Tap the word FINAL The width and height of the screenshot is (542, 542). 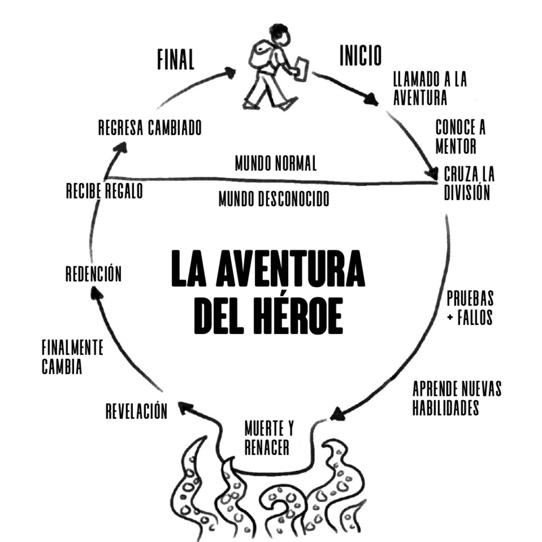pos(176,59)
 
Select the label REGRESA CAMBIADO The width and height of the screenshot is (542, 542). pos(150,128)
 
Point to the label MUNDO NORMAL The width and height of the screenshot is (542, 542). pos(276,163)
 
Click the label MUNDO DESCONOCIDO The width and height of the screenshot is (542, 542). pos(274,199)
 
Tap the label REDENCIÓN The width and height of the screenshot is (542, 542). pos(93,274)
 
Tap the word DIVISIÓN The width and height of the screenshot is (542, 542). pos(467,193)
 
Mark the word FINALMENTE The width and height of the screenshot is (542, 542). pos(73,348)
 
